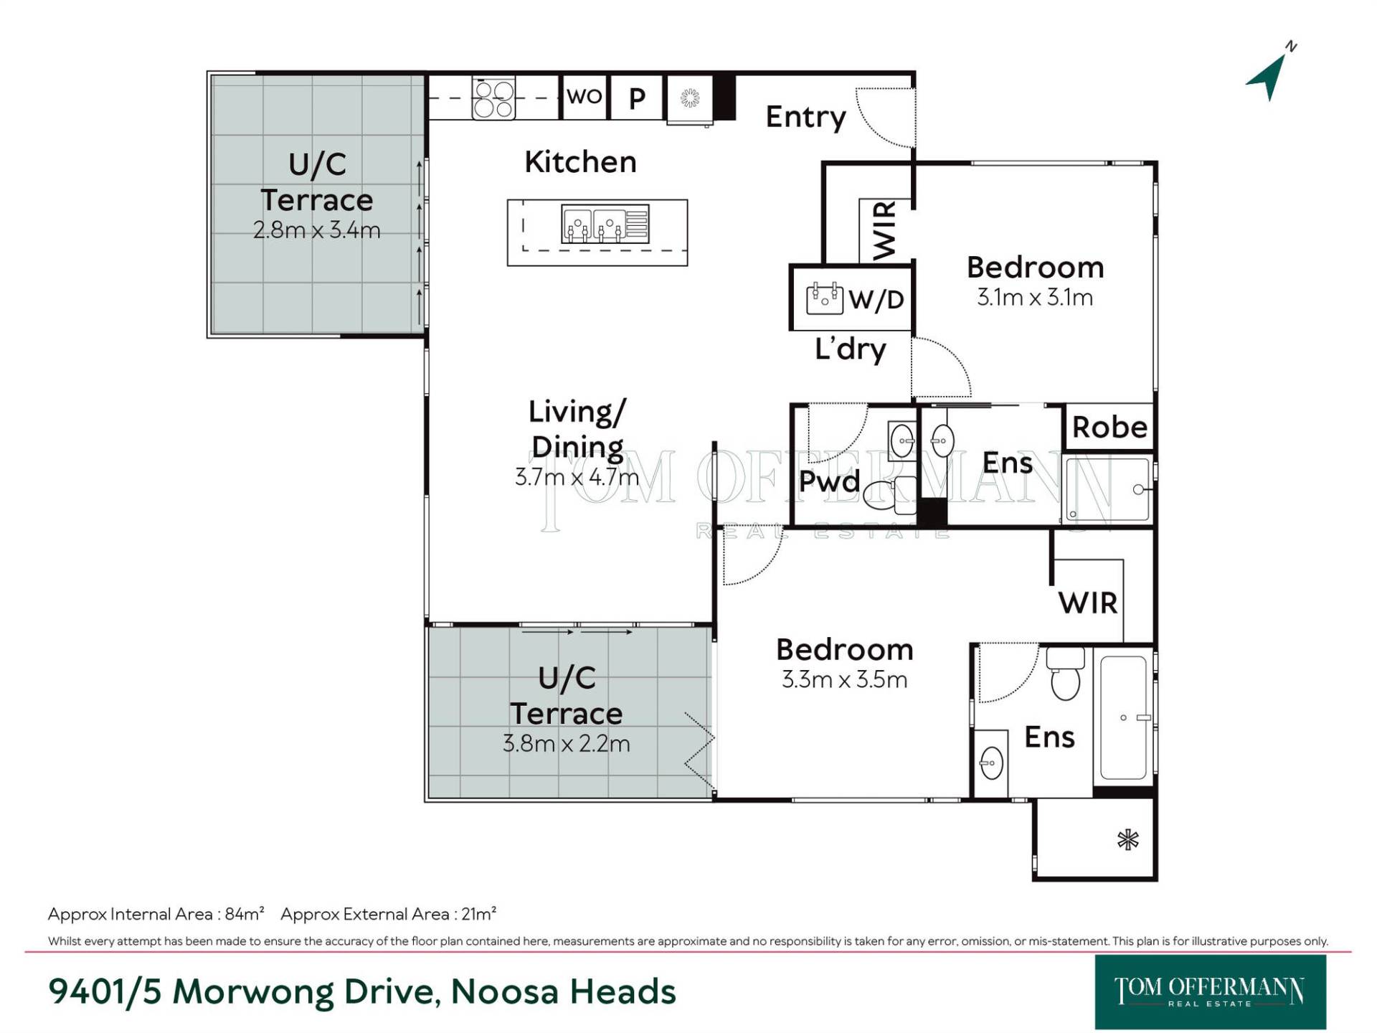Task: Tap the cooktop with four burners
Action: pyautogui.click(x=493, y=98)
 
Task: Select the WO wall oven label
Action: pyautogui.click(x=585, y=96)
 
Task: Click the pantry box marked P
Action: pyautogui.click(x=637, y=97)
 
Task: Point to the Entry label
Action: pyautogui.click(x=805, y=117)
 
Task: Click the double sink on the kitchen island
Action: pyautogui.click(x=605, y=224)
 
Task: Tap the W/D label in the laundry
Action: pyautogui.click(x=876, y=299)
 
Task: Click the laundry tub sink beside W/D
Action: pyautogui.click(x=824, y=298)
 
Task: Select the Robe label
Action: pyautogui.click(x=1109, y=427)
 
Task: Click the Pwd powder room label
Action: pyautogui.click(x=829, y=481)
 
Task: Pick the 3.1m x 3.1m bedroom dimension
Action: pyautogui.click(x=1035, y=297)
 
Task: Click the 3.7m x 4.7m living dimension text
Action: pyautogui.click(x=577, y=476)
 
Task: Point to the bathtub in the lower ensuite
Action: pyautogui.click(x=1123, y=717)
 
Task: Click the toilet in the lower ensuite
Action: pyautogui.click(x=1065, y=673)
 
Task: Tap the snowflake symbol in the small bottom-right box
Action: pyautogui.click(x=1127, y=839)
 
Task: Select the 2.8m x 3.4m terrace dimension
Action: pyautogui.click(x=316, y=230)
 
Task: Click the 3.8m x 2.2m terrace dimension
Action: pyautogui.click(x=566, y=743)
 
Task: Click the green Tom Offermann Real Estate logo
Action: pyautogui.click(x=1210, y=992)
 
